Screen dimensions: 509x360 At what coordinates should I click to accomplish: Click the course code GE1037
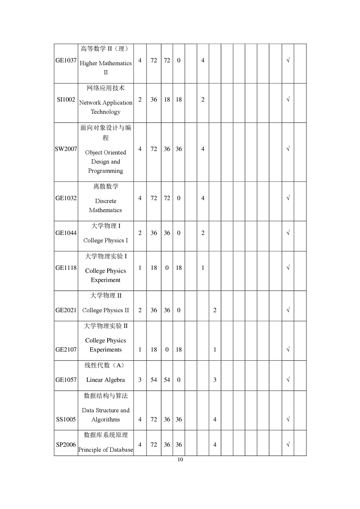pyautogui.click(x=66, y=60)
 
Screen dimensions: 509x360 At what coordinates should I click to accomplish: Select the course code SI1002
pyautogui.click(x=66, y=100)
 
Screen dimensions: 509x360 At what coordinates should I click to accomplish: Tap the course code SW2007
pyautogui.click(x=66, y=149)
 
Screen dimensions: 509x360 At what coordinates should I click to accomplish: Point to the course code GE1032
pyautogui.click(x=66, y=198)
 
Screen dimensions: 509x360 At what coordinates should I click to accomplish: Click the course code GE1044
pyautogui.click(x=66, y=233)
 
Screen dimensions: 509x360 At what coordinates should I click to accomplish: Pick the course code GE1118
pyautogui.click(x=66, y=268)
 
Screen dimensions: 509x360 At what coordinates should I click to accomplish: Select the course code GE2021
pyautogui.click(x=66, y=310)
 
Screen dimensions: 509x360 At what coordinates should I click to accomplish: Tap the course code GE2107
pyautogui.click(x=66, y=350)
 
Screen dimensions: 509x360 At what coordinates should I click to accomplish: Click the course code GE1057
pyautogui.click(x=66, y=380)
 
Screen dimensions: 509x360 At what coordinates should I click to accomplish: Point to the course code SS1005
pyautogui.click(x=66, y=420)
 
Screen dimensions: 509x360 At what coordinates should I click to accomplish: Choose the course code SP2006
pyautogui.click(x=66, y=445)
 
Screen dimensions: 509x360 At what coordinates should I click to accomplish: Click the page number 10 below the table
pyautogui.click(x=180, y=460)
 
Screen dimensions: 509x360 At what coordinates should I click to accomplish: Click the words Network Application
pyautogui.click(x=106, y=103)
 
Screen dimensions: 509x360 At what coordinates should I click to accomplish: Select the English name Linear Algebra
pyautogui.click(x=105, y=380)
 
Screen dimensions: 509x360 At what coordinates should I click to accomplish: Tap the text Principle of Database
pyautogui.click(x=106, y=450)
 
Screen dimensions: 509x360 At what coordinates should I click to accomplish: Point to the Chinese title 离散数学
pyautogui.click(x=106, y=186)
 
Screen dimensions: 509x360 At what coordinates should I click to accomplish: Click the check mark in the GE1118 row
pyautogui.click(x=288, y=268)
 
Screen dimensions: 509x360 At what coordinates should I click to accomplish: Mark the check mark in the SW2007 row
pyautogui.click(x=288, y=149)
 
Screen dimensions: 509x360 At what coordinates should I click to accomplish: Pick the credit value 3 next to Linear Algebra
pyautogui.click(x=140, y=380)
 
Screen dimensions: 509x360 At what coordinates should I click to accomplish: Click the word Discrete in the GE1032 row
pyautogui.click(x=105, y=201)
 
